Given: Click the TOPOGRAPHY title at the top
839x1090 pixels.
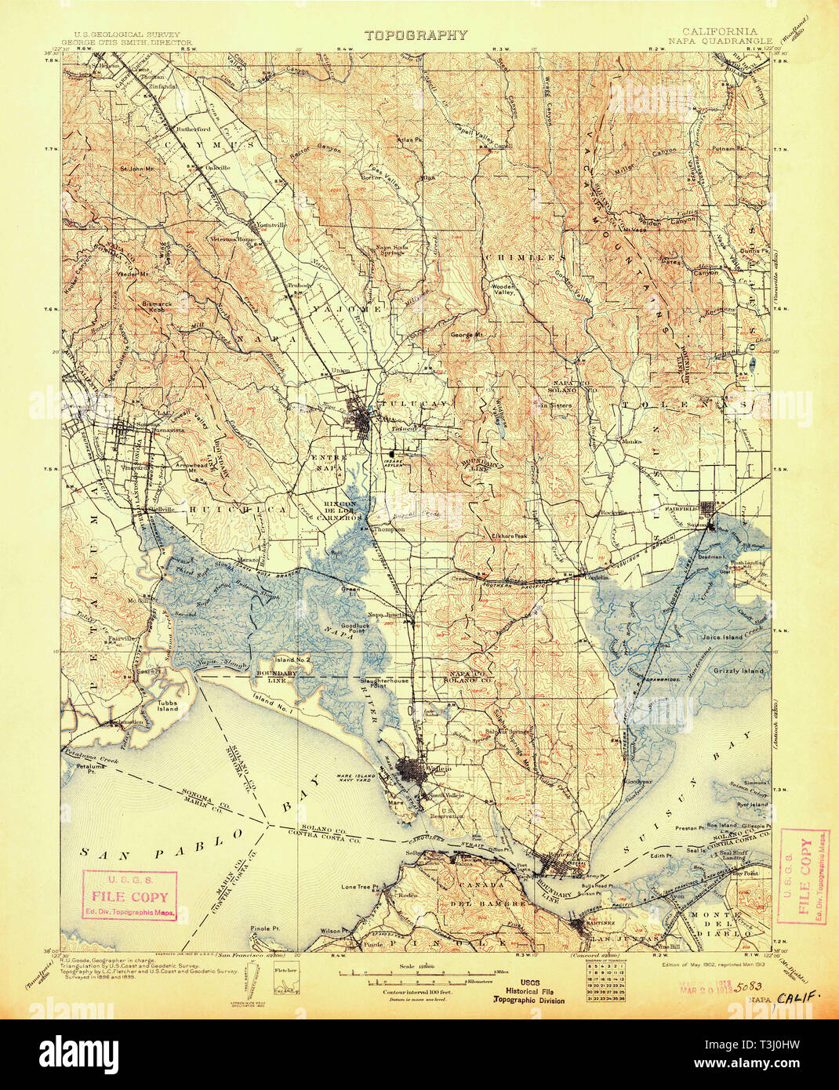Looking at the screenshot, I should [416, 35].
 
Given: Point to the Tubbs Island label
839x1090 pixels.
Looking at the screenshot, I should [165, 704].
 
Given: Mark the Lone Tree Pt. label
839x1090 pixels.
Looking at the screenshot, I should [361, 887].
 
